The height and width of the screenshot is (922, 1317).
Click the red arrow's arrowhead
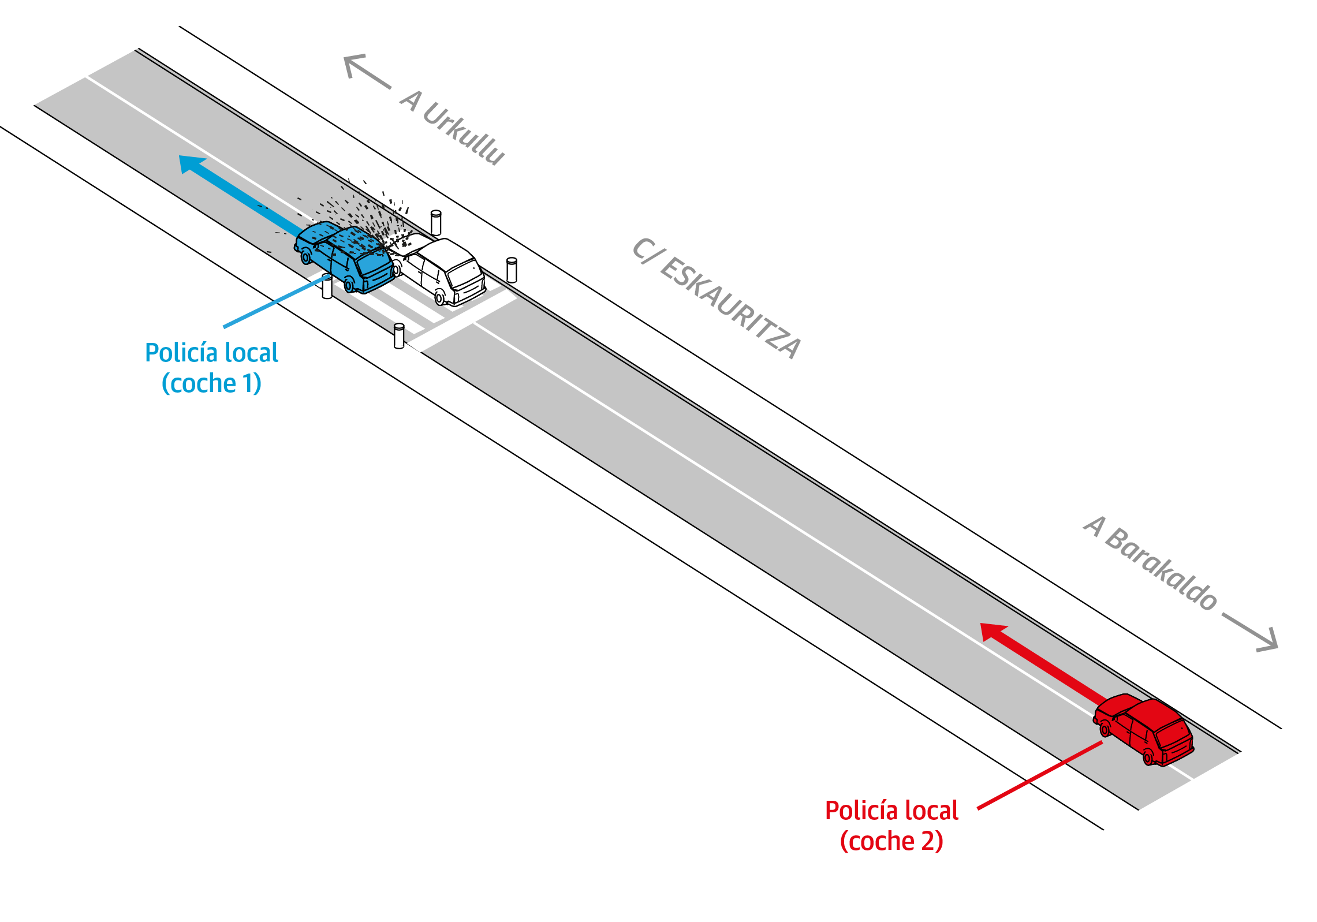993,632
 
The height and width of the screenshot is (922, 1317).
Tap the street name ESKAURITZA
730,308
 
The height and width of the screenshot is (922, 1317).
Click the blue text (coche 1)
211,383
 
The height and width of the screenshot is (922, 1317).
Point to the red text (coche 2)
891,841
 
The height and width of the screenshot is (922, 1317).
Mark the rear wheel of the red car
1148,756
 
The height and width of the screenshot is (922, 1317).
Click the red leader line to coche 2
1039,775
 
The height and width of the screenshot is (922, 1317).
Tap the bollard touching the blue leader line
327,287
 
